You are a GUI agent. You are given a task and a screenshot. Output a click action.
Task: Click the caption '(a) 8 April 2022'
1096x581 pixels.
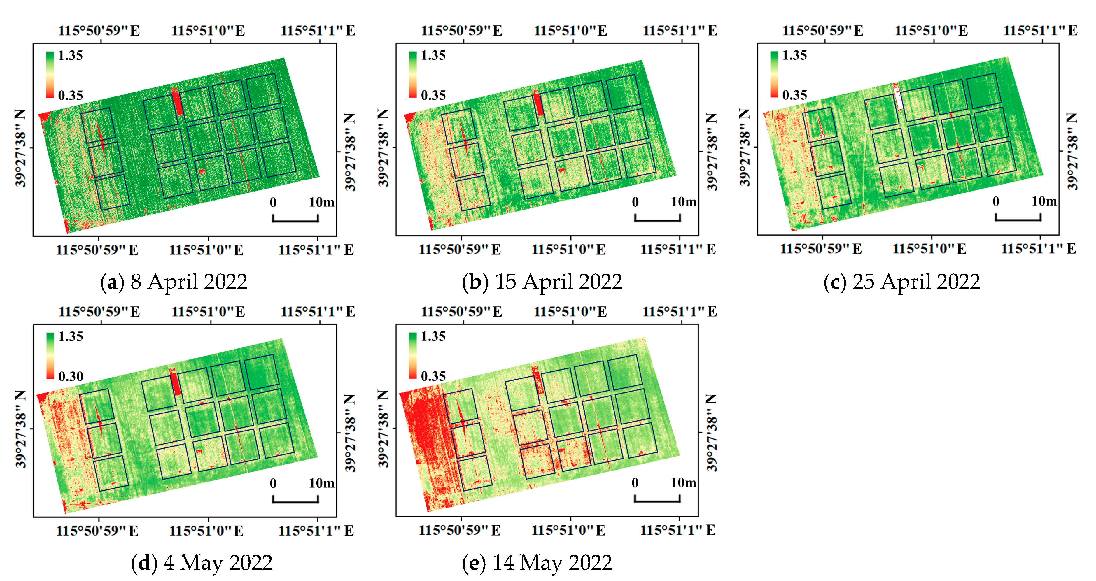pos(174,282)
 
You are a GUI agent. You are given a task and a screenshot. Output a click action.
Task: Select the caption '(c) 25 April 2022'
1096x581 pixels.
pos(901,282)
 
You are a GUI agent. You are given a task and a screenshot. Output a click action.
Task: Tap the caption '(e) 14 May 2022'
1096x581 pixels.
pos(537,563)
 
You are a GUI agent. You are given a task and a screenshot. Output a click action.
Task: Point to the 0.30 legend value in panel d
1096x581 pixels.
pos(71,376)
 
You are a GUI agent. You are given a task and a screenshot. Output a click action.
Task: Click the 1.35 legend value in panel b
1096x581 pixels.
pos(433,56)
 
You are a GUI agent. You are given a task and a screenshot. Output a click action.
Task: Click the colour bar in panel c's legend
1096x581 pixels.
pos(774,74)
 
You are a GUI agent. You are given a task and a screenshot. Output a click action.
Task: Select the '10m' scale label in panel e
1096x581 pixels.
pos(683,483)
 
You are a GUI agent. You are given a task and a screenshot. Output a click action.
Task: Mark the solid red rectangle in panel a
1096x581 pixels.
pos(177,103)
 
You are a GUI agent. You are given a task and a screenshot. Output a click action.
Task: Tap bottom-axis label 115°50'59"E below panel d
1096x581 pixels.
pos(97,531)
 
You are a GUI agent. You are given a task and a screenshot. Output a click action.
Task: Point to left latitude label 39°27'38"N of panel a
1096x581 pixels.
pos(20,148)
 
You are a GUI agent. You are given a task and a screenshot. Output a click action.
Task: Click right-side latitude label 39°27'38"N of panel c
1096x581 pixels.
pos(1073,151)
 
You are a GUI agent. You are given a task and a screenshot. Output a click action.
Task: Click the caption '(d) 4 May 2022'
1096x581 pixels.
pos(202,563)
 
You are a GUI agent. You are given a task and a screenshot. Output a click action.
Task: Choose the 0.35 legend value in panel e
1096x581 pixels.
pos(433,376)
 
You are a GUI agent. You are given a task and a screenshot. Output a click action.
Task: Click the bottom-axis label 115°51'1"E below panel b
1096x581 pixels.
pos(678,250)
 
